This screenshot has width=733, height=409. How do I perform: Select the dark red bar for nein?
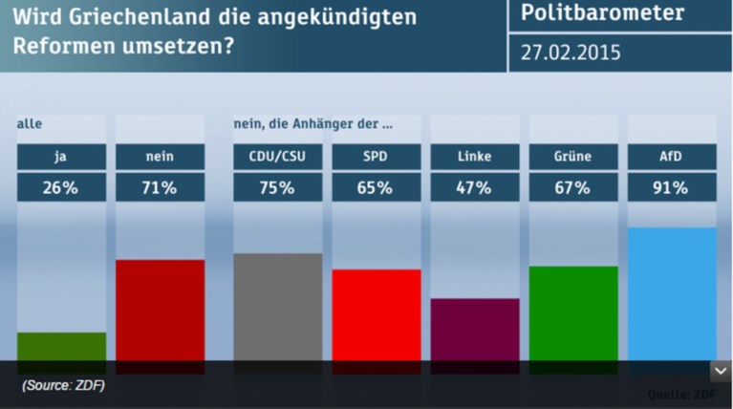pyautogui.click(x=160, y=312)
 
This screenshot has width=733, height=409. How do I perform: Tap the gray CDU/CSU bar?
pyautogui.click(x=278, y=308)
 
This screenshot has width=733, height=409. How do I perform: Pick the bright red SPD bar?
pyautogui.click(x=377, y=316)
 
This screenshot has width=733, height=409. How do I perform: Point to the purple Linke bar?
pyautogui.click(x=475, y=331)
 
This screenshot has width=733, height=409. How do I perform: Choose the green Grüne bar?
pyautogui.click(x=573, y=314)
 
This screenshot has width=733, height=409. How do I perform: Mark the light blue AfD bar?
pyautogui.click(x=672, y=295)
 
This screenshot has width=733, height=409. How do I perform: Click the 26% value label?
pyautogui.click(x=61, y=188)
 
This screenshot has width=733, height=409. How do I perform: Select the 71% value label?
pyautogui.click(x=160, y=188)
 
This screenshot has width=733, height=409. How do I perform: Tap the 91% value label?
pyautogui.click(x=672, y=188)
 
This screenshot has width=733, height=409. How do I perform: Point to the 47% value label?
pyautogui.click(x=475, y=188)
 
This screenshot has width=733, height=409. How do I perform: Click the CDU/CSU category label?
pyautogui.click(x=278, y=157)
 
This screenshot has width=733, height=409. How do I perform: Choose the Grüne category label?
pyautogui.click(x=573, y=157)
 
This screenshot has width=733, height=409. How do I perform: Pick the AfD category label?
pyautogui.click(x=672, y=157)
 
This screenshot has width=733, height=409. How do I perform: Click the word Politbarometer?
pyautogui.click(x=602, y=13)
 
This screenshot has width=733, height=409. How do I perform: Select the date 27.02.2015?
pyautogui.click(x=571, y=53)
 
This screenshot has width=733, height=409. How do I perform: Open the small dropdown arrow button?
pyautogui.click(x=720, y=372)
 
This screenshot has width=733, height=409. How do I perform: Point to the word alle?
pyautogui.click(x=30, y=123)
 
